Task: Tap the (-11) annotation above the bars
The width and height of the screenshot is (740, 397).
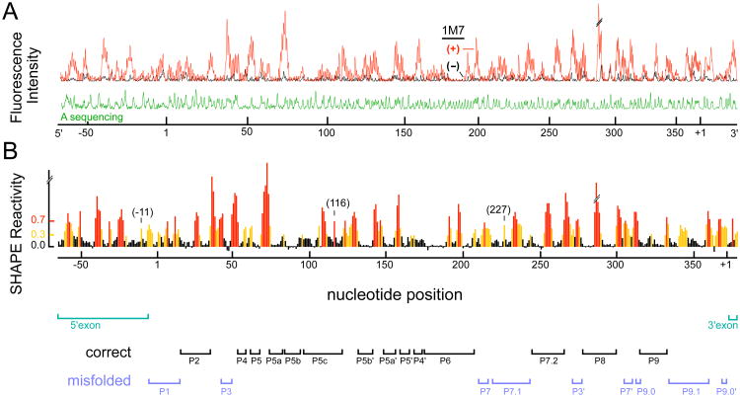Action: click(141, 211)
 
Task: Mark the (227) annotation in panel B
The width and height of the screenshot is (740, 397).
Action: click(502, 209)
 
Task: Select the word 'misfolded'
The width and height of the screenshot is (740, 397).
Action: click(101, 380)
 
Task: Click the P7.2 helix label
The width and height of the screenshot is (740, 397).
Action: click(549, 361)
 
